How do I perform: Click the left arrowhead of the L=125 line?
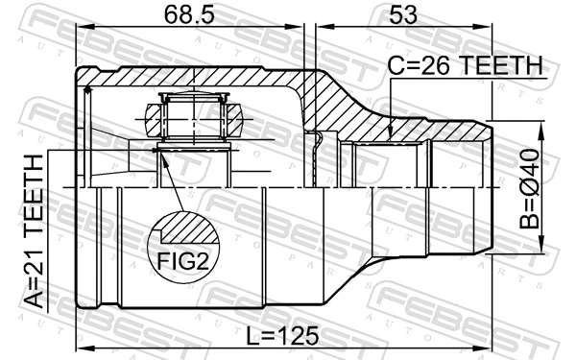[82, 347]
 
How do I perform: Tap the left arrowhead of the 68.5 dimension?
[82, 31]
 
